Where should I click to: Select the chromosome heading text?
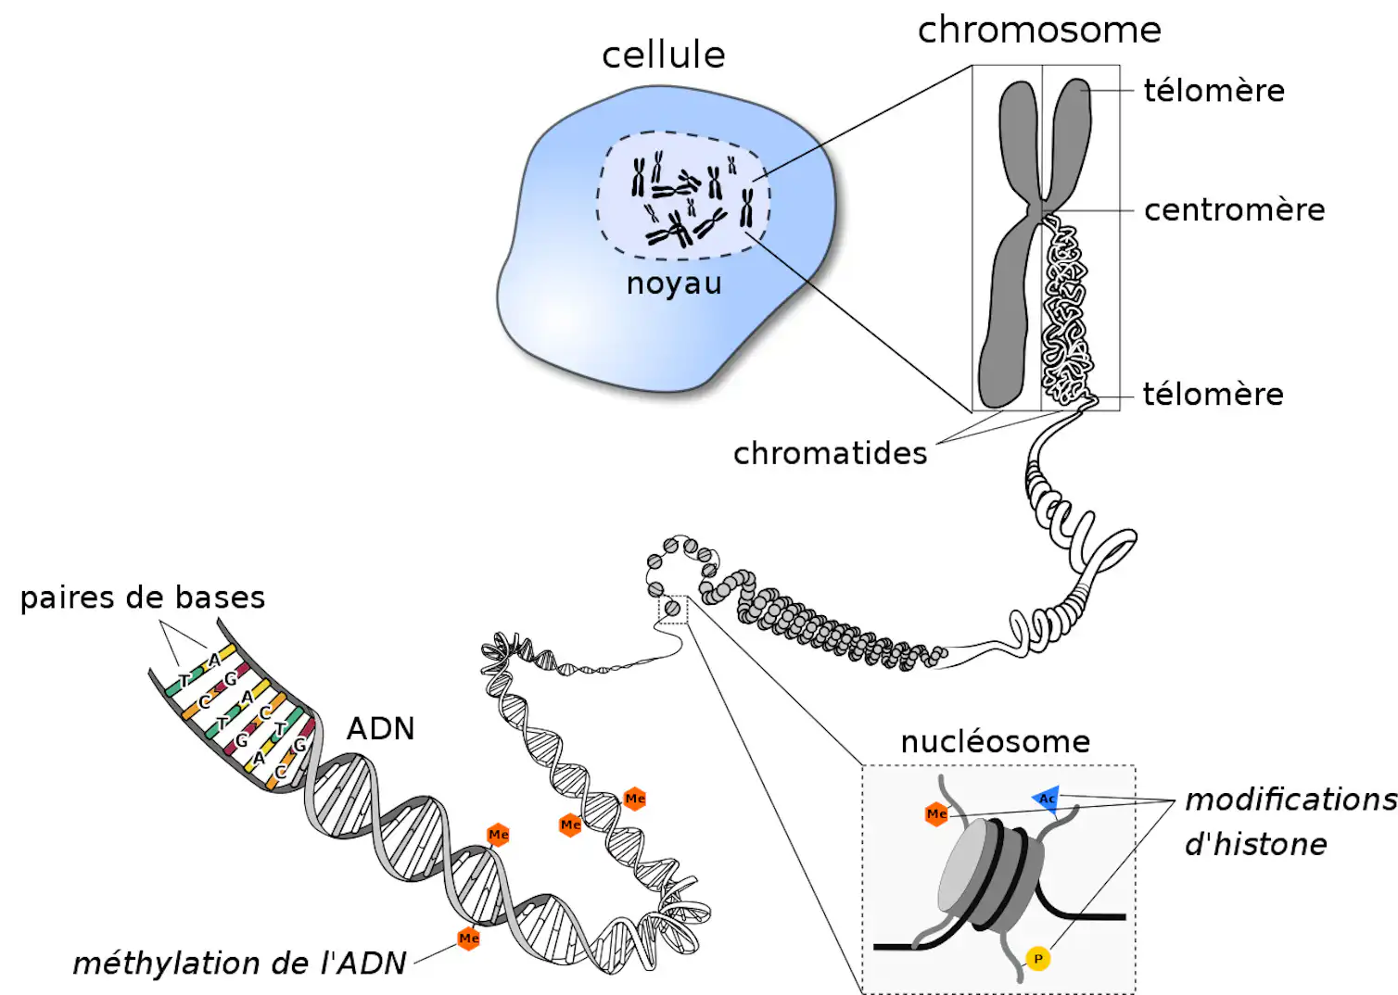tap(1039, 30)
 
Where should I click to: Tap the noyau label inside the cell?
tap(674, 283)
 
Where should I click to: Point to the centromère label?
tap(1235, 209)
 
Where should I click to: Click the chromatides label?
tap(830, 453)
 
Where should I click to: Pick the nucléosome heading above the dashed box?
tap(996, 742)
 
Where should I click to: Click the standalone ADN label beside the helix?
tap(381, 728)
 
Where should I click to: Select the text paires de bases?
tap(143, 598)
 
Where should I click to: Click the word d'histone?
tap(1256, 844)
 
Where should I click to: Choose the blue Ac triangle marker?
tap(1047, 800)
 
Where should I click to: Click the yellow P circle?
tap(1038, 959)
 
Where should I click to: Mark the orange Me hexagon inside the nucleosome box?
tap(936, 814)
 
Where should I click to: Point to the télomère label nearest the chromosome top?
tap(1214, 91)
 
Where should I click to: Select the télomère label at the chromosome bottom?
tap(1214, 395)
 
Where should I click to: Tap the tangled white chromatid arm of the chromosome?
tap(1067, 312)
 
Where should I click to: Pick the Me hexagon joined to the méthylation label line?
tap(469, 938)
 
